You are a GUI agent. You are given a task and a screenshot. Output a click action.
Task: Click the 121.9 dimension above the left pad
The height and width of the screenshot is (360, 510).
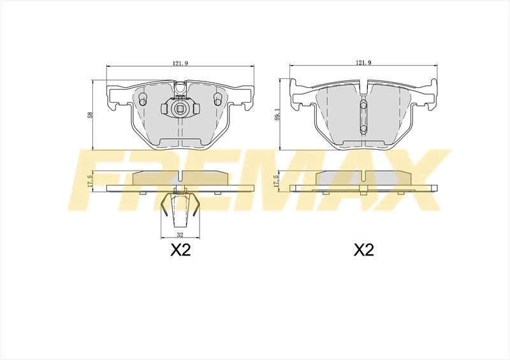tap(180, 63)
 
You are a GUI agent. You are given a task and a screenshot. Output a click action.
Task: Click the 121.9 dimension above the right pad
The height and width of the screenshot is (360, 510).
tap(363, 62)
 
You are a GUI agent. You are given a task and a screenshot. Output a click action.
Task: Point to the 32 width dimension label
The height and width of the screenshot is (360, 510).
tap(180, 234)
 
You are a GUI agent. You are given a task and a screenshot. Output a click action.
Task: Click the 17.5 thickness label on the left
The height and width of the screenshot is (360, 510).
tap(91, 181)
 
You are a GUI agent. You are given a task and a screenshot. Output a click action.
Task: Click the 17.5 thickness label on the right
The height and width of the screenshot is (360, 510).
tap(277, 181)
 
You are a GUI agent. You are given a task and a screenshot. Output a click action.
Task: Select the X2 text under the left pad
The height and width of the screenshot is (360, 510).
tap(180, 250)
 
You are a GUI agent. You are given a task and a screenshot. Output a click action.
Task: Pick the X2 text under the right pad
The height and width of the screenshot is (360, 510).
tap(364, 250)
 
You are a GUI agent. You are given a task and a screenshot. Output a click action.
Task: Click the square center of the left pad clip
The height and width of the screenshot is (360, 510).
tap(179, 109)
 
